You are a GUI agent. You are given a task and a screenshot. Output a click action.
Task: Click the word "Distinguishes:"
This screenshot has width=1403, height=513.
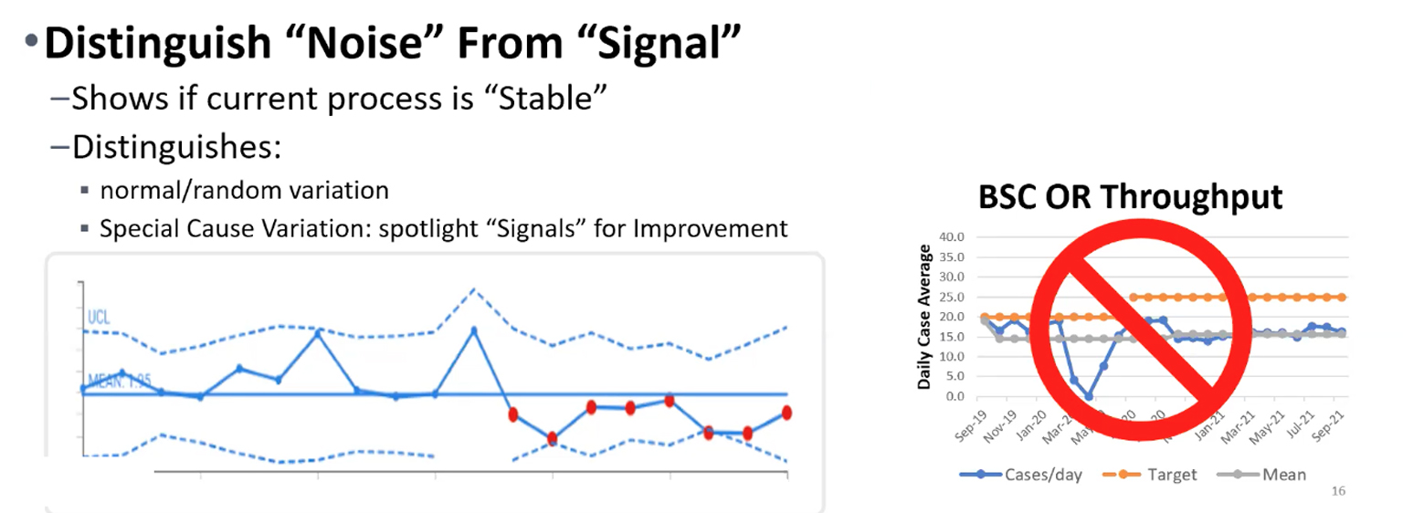click(x=175, y=146)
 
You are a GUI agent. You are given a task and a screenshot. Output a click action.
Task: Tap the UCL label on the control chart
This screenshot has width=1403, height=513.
click(x=100, y=317)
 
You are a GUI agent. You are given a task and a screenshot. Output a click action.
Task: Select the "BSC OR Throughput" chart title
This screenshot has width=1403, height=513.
click(x=1131, y=197)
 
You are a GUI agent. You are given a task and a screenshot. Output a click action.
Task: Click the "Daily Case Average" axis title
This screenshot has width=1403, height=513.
click(x=924, y=317)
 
